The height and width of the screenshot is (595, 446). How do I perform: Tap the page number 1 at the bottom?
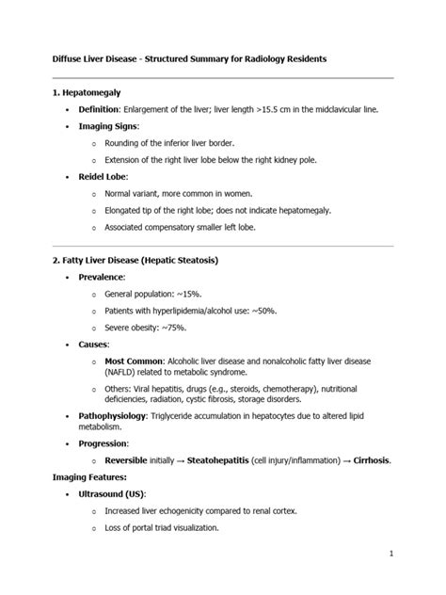pyautogui.click(x=415, y=555)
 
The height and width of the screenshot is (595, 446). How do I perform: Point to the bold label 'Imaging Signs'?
pyautogui.click(x=107, y=126)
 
